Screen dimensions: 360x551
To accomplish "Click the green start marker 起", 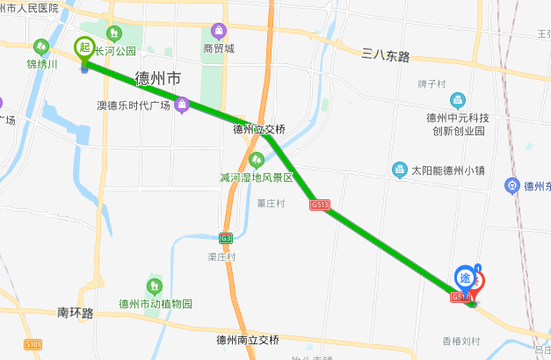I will [84, 47].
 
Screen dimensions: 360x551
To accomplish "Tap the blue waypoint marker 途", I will [466, 278].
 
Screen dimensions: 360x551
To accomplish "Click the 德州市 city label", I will [158, 78].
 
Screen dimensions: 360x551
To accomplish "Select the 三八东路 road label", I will [386, 55].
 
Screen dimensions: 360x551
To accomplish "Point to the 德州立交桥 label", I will [259, 128].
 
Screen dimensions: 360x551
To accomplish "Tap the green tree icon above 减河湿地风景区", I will [257, 160].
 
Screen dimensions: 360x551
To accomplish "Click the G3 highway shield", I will [227, 237].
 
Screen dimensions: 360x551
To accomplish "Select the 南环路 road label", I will [75, 312].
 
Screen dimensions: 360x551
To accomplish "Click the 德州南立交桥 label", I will [247, 339].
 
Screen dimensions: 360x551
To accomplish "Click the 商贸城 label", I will [219, 49].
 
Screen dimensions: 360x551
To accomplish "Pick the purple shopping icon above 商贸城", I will [219, 32].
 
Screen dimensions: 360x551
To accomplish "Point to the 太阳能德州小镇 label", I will [448, 169].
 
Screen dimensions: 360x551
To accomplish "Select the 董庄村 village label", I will [271, 203].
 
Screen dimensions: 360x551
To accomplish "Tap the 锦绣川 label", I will [41, 64].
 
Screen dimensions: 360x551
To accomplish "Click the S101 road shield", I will [33, 344].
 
